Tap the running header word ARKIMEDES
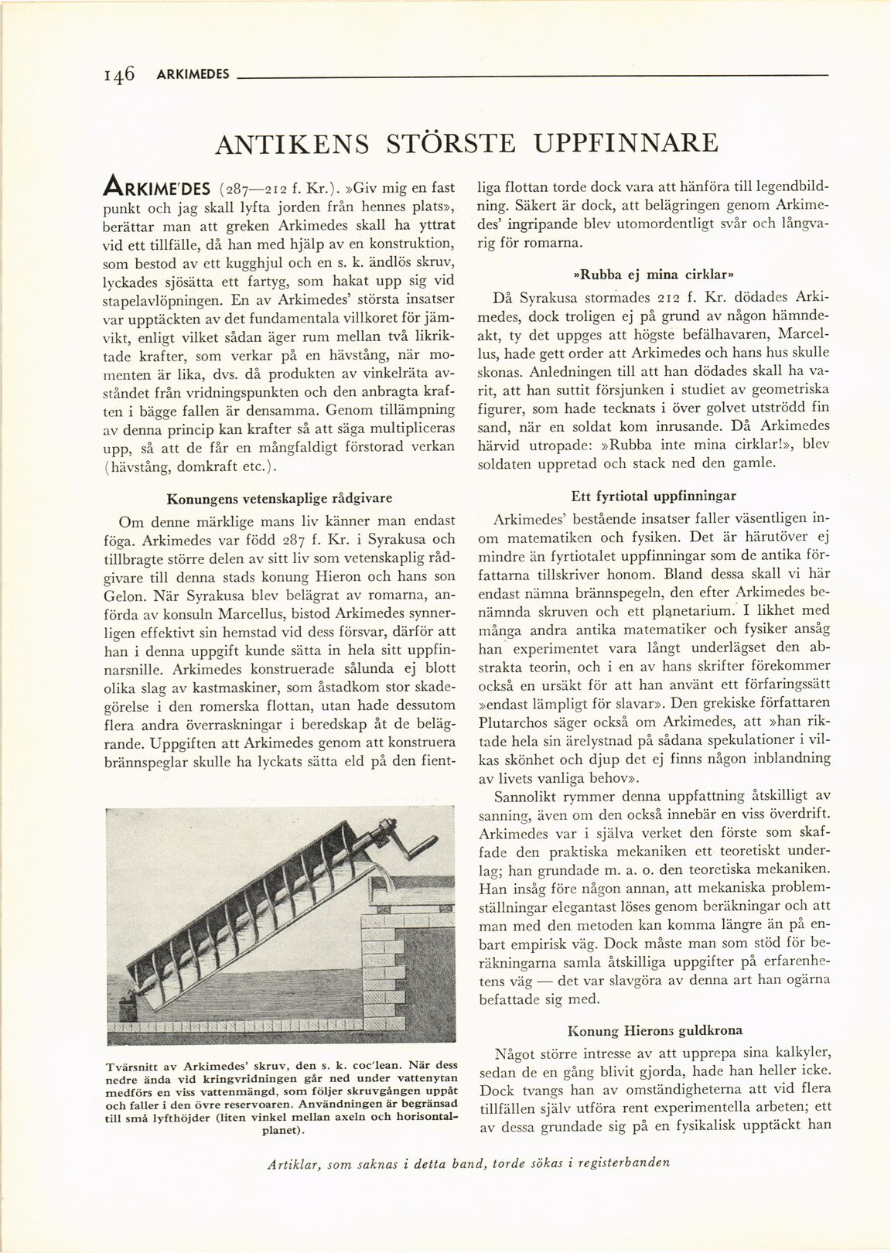tap(193, 75)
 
